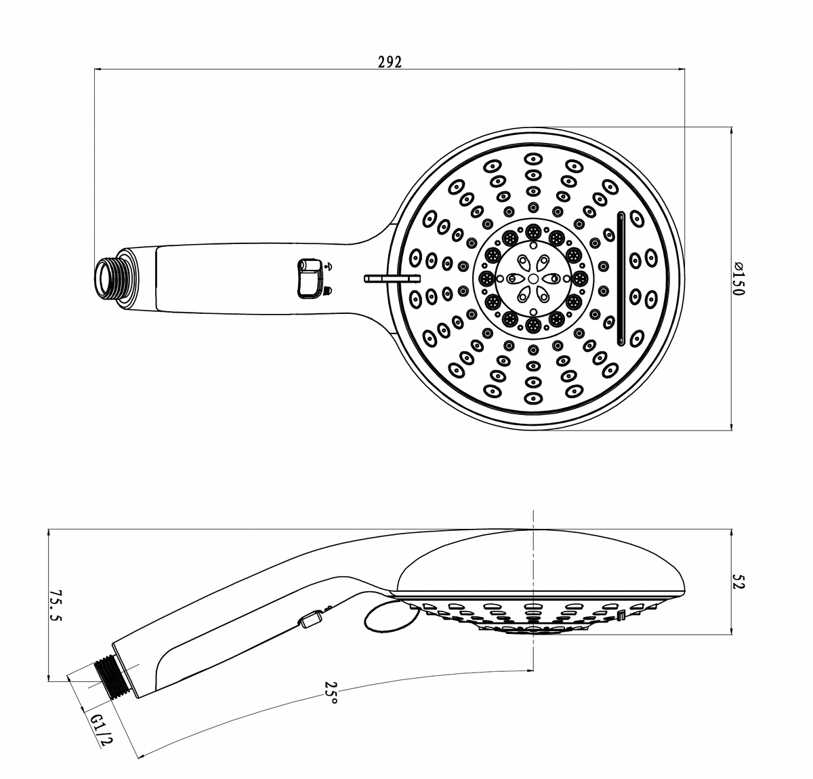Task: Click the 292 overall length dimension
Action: pyautogui.click(x=390, y=62)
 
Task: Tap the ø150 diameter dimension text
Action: pyautogui.click(x=738, y=279)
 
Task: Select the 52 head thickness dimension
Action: pyautogui.click(x=738, y=581)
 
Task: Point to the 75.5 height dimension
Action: pyautogui.click(x=55, y=605)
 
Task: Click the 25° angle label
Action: pyautogui.click(x=331, y=692)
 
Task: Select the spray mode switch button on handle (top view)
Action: pyautogui.click(x=309, y=279)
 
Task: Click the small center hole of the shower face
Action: pyautogui.click(x=533, y=279)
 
